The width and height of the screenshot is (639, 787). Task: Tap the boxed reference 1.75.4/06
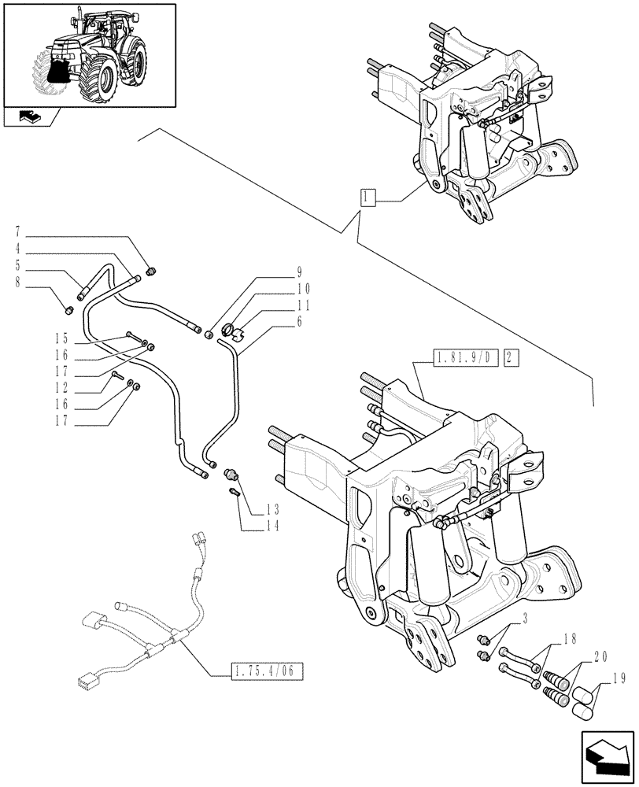click(268, 671)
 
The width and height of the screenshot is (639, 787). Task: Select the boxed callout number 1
click(368, 197)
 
